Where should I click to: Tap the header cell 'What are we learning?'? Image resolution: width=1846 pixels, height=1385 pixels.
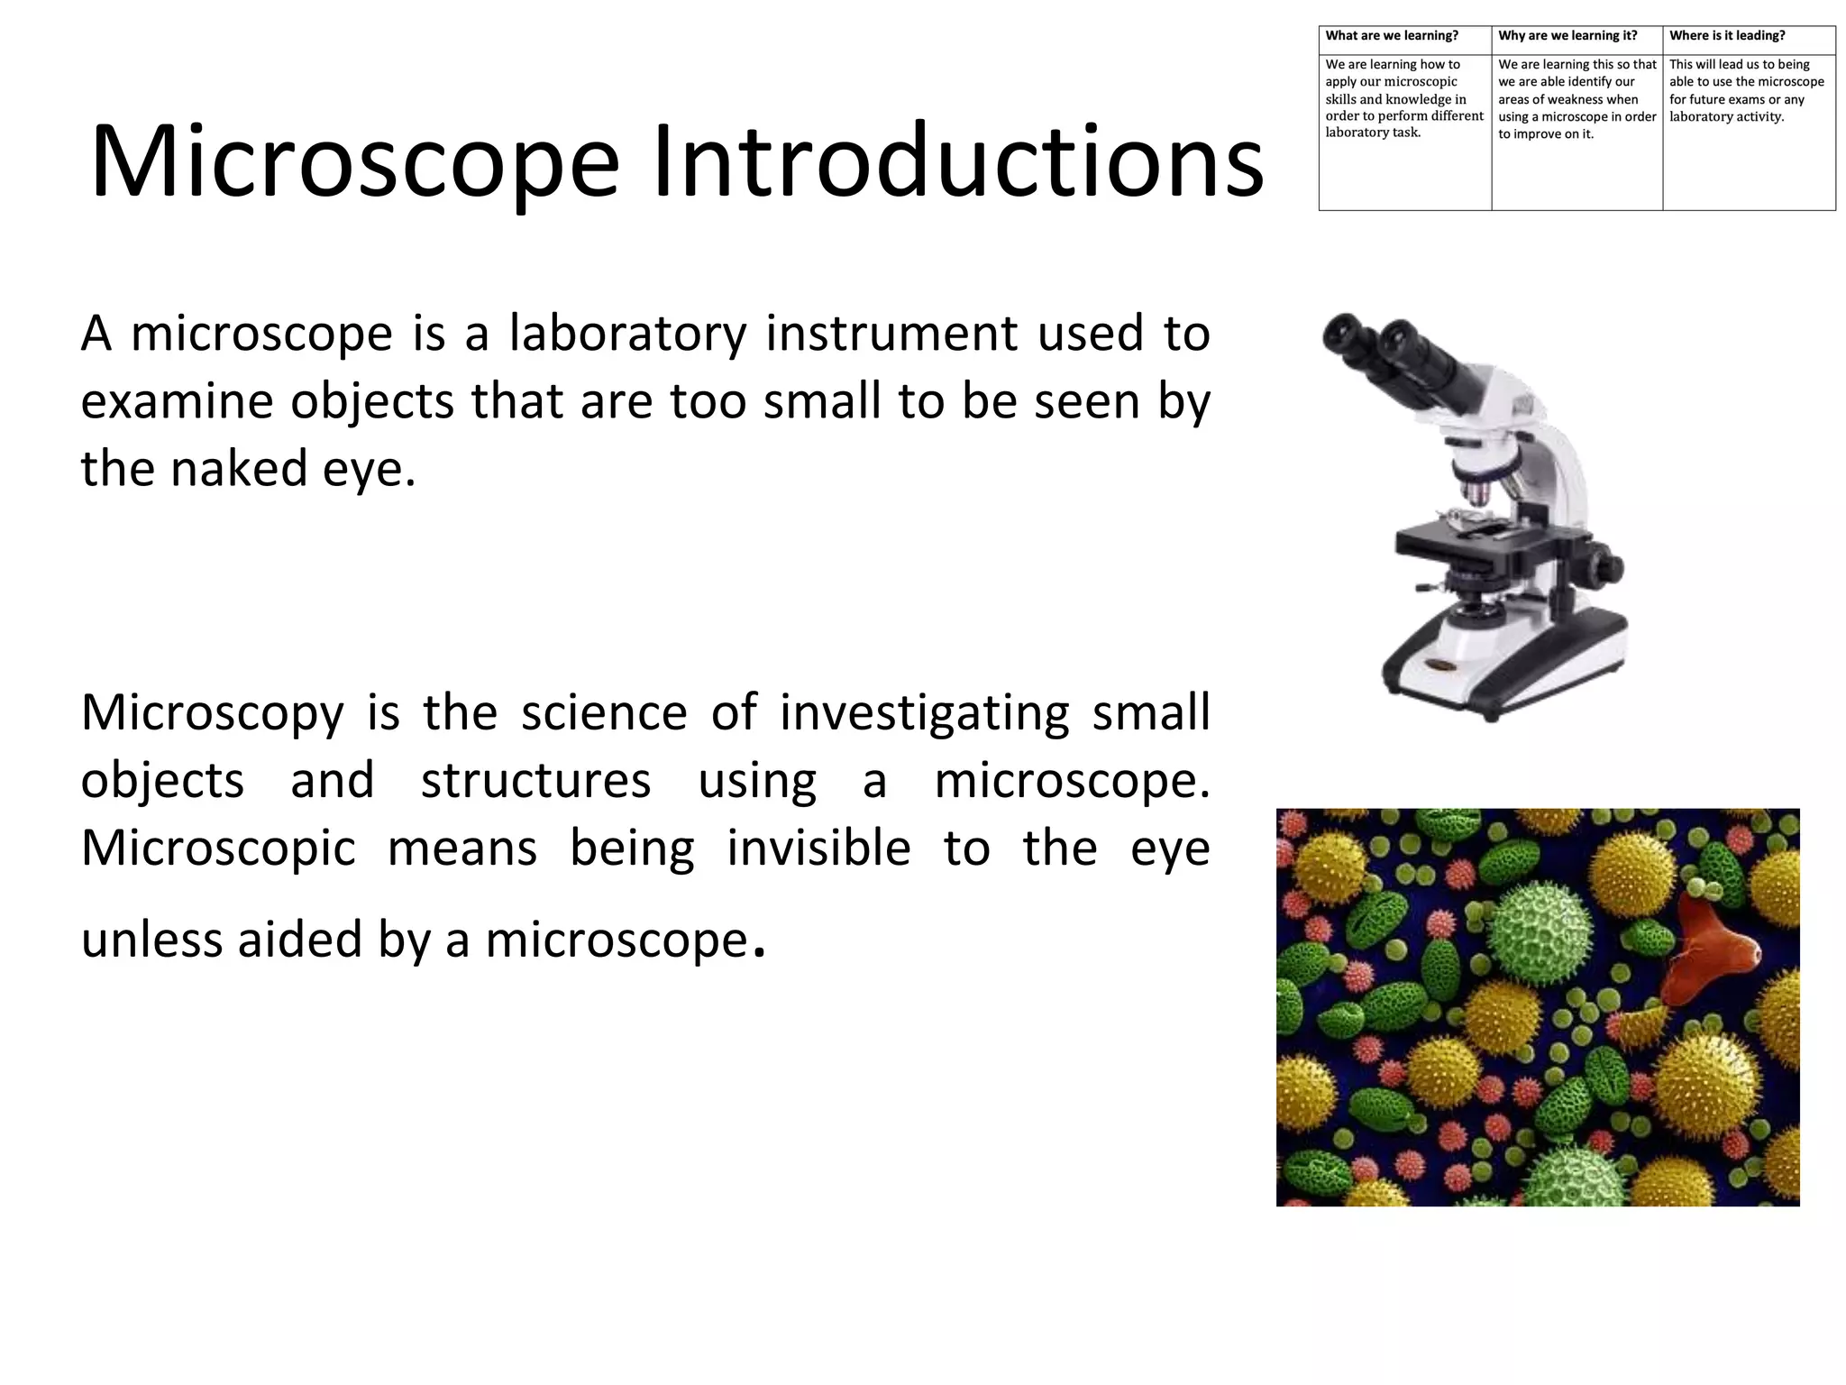click(1391, 36)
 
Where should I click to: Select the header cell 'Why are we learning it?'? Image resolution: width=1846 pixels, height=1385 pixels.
click(1567, 36)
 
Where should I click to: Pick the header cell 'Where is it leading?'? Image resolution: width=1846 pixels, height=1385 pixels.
click(1726, 36)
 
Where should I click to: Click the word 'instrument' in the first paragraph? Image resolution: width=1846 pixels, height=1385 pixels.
click(891, 334)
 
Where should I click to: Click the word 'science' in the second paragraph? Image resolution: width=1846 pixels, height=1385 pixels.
click(604, 713)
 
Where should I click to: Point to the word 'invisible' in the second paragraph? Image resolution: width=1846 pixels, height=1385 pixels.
click(818, 849)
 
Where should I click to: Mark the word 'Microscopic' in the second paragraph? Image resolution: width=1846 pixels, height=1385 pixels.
click(218, 850)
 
